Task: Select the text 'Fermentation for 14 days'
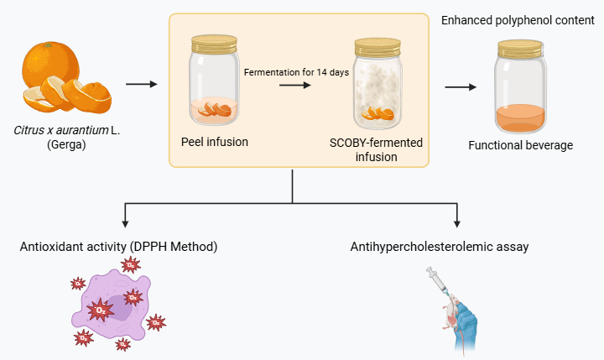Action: [x=296, y=71]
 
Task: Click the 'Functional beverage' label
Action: [x=520, y=145]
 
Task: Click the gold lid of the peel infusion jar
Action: [x=214, y=41]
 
